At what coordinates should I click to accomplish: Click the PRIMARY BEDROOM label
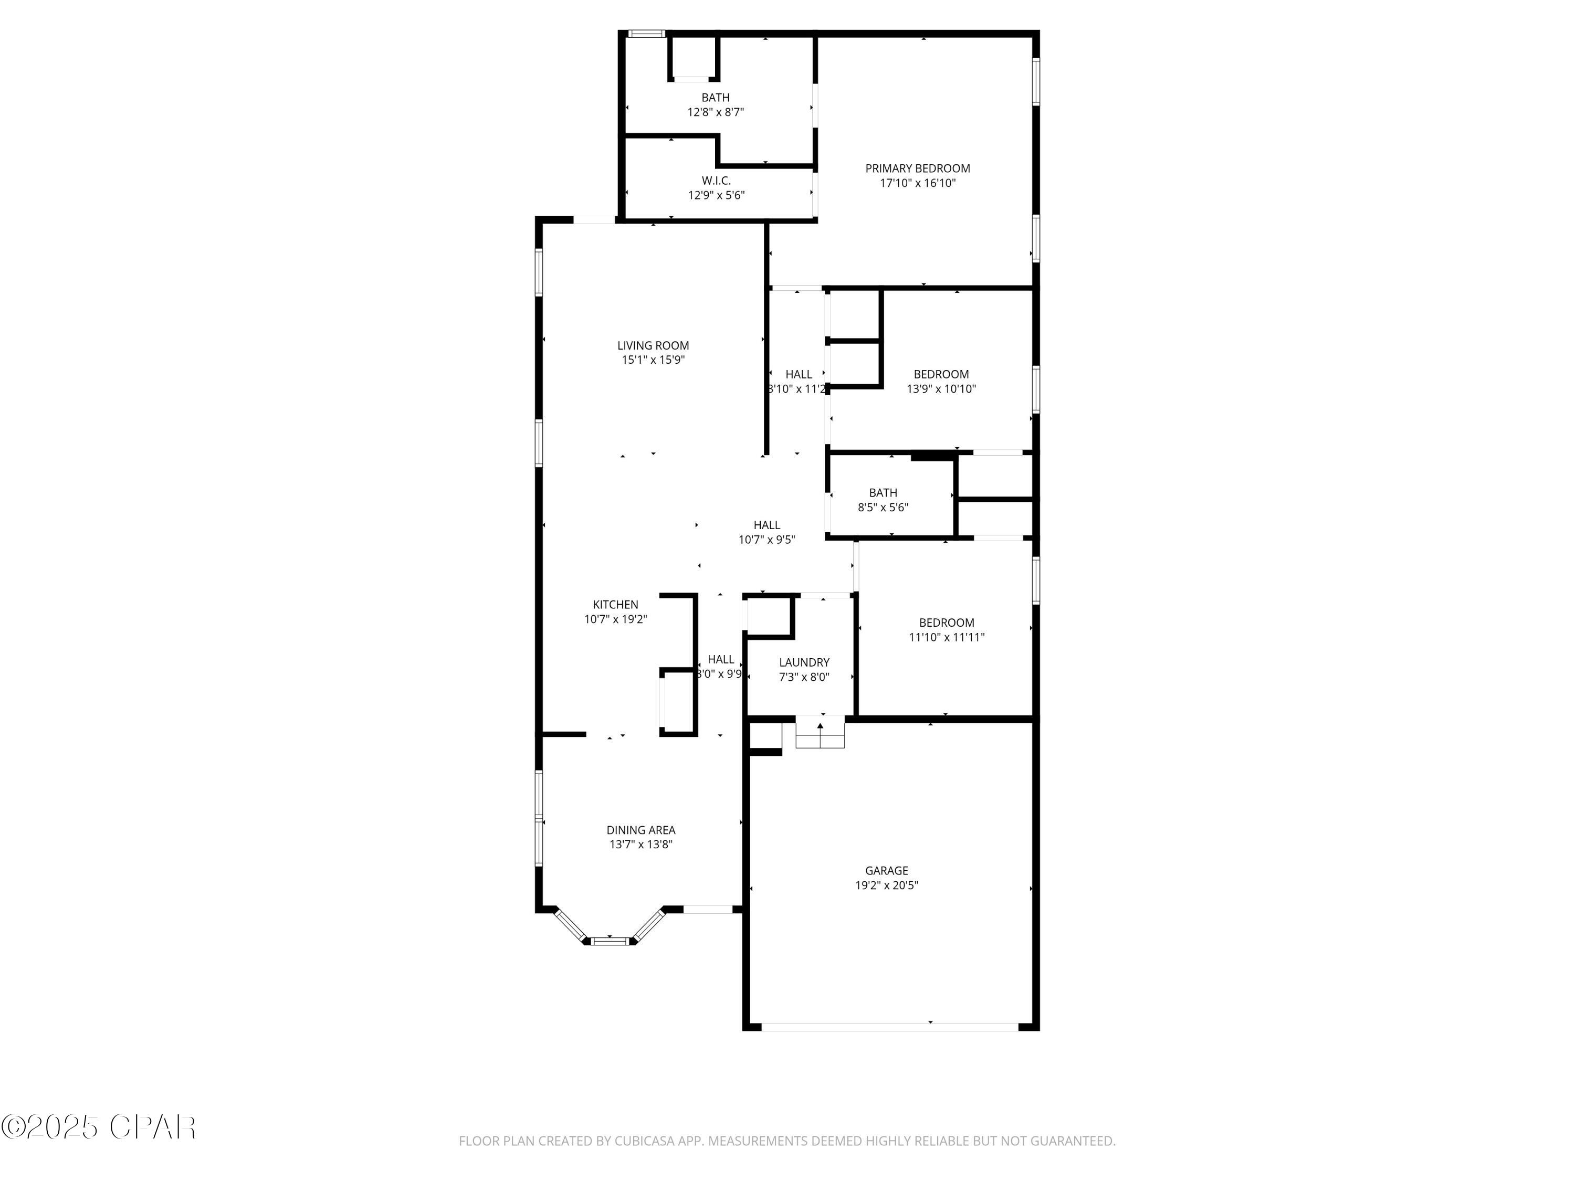917,168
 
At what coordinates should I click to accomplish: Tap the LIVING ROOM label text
653,346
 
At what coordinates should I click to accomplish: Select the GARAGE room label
887,871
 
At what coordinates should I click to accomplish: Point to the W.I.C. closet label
716,181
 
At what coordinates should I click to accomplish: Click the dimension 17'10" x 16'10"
917,184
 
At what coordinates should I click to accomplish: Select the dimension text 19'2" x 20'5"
887,885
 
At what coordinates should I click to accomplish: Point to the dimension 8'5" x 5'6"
883,508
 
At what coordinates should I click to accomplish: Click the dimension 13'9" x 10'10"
941,389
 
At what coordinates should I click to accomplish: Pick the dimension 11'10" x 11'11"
946,638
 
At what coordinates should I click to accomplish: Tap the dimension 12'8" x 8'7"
716,112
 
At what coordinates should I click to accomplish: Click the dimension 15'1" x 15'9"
653,360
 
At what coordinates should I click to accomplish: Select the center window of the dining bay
610,941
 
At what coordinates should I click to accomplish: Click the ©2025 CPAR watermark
98,1126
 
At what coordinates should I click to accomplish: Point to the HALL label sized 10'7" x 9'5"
767,525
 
